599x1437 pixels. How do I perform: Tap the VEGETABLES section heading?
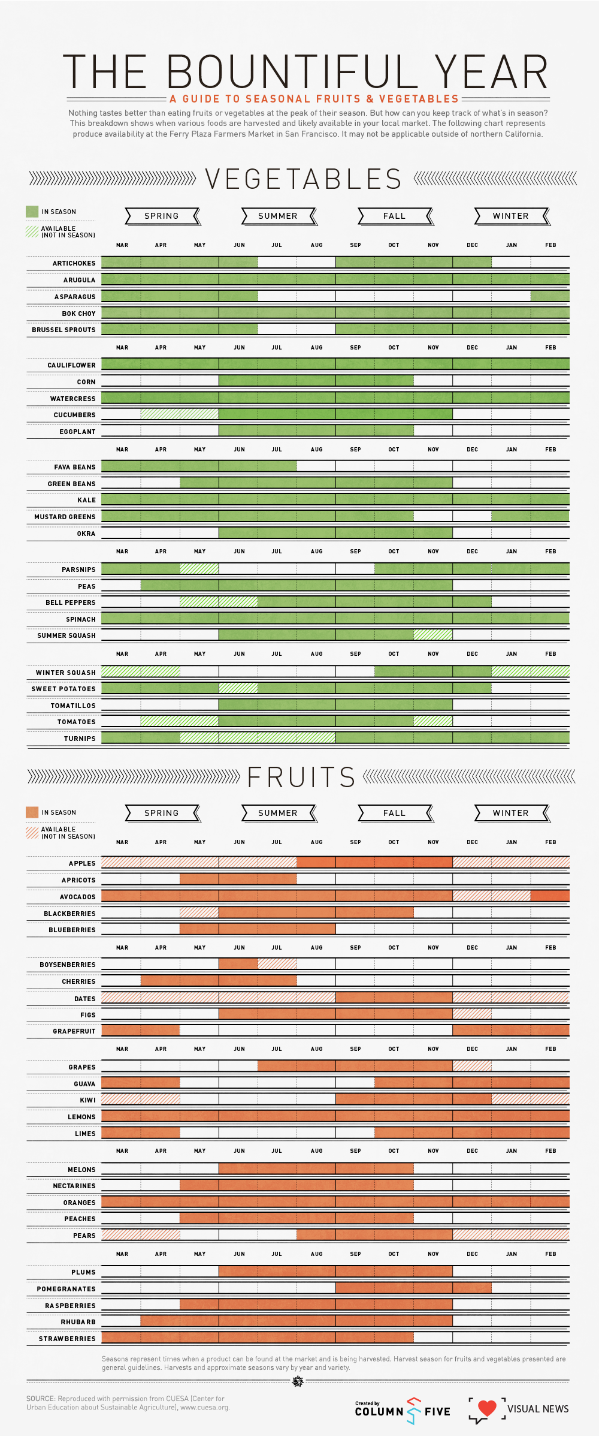click(303, 179)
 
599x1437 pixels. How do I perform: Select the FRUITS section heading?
click(301, 777)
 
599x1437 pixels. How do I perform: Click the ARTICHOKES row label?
click(74, 263)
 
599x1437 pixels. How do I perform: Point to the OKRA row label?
click(86, 534)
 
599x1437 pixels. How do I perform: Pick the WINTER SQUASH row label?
click(65, 673)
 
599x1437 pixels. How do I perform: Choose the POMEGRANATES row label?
click(66, 1289)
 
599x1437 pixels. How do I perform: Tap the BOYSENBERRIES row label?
click(67, 965)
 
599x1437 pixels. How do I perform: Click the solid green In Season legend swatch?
click(32, 212)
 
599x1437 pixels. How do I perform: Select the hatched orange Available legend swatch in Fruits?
click(32, 832)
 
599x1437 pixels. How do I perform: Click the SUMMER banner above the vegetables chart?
click(278, 216)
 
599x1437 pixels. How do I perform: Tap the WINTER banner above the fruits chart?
click(511, 813)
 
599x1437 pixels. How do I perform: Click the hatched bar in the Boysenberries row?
click(277, 963)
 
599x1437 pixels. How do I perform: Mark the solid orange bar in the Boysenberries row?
click(238, 963)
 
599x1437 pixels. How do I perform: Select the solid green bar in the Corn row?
click(316, 380)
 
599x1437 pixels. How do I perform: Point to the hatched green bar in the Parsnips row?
click(199, 568)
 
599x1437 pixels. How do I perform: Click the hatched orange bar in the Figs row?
click(472, 1014)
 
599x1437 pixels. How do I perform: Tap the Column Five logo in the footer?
click(403, 1411)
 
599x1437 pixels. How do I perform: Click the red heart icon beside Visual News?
click(487, 1408)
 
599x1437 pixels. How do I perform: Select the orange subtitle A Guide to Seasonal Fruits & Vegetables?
click(314, 99)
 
